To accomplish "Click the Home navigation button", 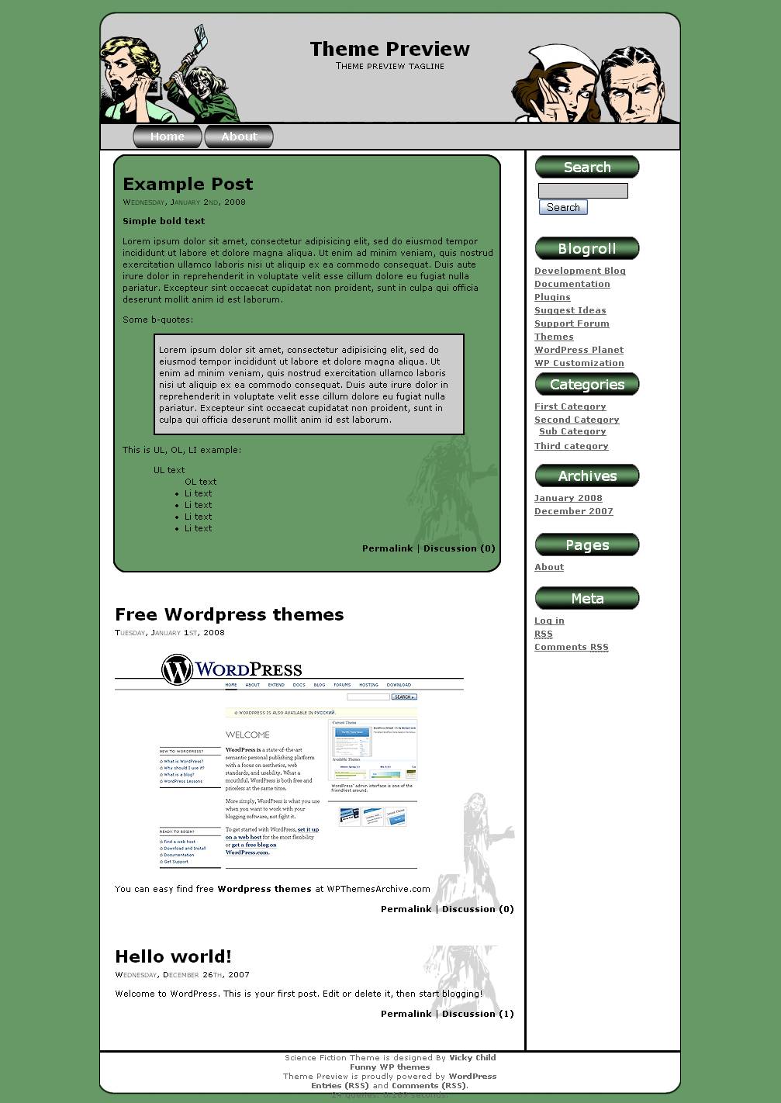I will tap(168, 137).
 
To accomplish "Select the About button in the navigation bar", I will tap(239, 137).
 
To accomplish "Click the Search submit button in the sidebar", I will tap(563, 207).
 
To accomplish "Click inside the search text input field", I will tap(582, 191).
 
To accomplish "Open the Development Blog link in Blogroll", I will tap(579, 271).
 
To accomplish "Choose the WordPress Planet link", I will tap(579, 350).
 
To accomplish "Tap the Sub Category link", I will tap(572, 431).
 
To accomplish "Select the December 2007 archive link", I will tap(573, 511).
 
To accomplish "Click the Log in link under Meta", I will tap(549, 621).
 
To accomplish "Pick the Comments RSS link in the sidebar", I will tap(571, 647).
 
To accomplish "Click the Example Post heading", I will tap(188, 184).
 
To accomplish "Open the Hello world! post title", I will tap(173, 956).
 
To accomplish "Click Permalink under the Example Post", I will tap(387, 548).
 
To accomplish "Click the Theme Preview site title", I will tap(389, 49).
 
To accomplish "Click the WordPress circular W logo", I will tap(177, 669).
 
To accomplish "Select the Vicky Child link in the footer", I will tap(472, 1057).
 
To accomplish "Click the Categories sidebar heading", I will tap(587, 385).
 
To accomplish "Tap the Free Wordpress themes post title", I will tap(229, 614).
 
